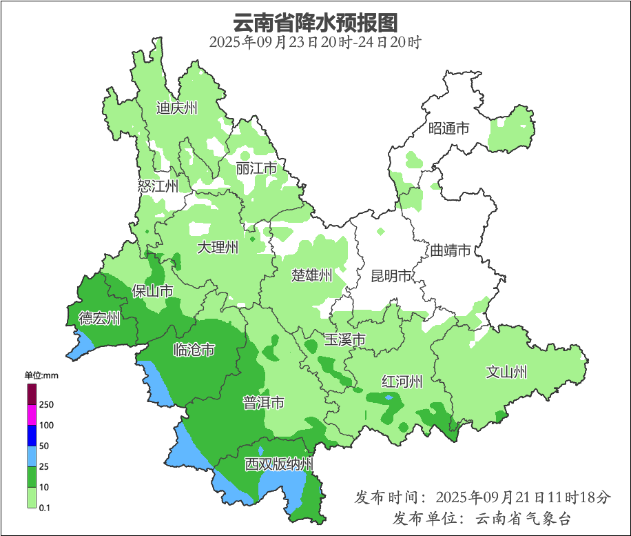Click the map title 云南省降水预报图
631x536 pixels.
click(x=315, y=22)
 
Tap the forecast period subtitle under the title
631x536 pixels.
click(x=315, y=42)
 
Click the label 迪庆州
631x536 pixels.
click(x=177, y=108)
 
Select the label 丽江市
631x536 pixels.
click(x=256, y=168)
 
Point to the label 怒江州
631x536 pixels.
click(x=158, y=186)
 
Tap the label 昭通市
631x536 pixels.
click(x=448, y=128)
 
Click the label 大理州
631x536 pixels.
click(x=218, y=248)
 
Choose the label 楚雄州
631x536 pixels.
click(x=311, y=276)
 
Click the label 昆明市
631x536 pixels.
click(x=391, y=277)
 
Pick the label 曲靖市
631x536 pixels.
click(x=450, y=250)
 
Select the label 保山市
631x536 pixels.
click(x=152, y=291)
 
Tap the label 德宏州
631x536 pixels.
click(x=99, y=319)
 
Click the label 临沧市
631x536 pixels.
click(x=194, y=350)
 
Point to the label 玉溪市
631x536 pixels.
click(x=344, y=339)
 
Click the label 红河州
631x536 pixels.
click(x=402, y=381)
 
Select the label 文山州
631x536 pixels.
click(x=506, y=373)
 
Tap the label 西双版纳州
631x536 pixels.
click(x=279, y=464)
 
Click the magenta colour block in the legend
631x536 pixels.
click(x=31, y=415)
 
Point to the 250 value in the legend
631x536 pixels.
click(x=47, y=405)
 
